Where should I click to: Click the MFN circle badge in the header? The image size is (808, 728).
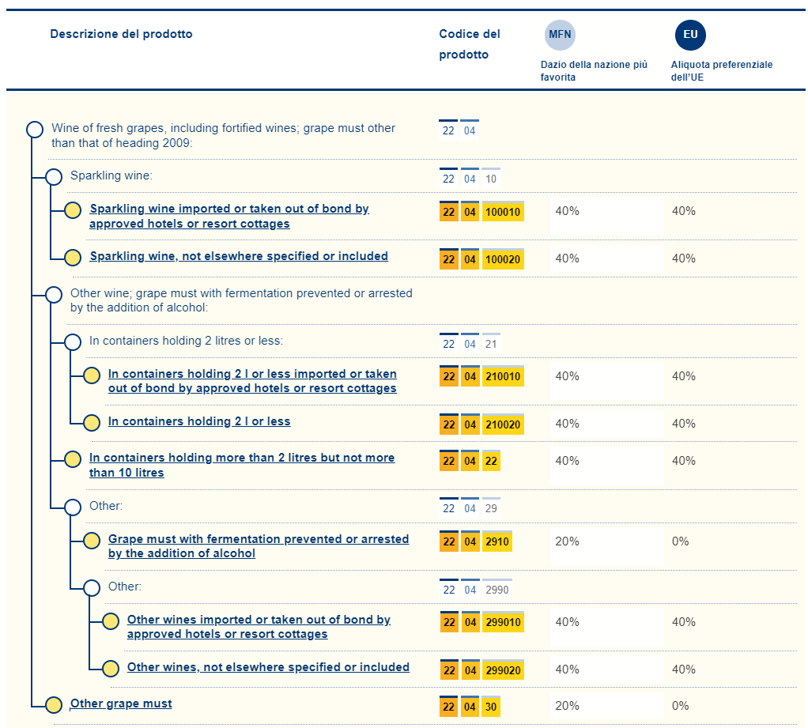[560, 35]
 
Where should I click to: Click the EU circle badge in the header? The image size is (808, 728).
[690, 35]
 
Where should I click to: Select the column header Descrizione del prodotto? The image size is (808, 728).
[121, 34]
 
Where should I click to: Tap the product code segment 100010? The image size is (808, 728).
[503, 212]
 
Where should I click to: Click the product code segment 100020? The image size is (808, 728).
[503, 259]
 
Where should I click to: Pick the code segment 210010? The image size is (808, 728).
[503, 377]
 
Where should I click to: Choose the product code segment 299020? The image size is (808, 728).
[503, 670]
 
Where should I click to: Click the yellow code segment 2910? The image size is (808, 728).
[497, 542]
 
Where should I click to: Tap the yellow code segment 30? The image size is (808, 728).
[491, 707]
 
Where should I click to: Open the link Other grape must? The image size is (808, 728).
[121, 703]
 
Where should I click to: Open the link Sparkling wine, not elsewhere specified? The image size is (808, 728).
[239, 256]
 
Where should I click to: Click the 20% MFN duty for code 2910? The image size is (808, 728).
[567, 541]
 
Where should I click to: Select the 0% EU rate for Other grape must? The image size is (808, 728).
[680, 706]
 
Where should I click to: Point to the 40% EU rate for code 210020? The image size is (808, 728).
[683, 424]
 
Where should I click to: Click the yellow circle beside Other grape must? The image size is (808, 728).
[54, 705]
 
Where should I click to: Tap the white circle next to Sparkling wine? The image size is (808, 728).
[54, 177]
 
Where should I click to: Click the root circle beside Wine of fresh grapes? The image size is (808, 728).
[35, 130]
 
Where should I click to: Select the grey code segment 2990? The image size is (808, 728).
[497, 590]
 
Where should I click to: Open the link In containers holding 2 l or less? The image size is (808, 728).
[199, 421]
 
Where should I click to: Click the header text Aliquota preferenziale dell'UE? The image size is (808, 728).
[721, 71]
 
